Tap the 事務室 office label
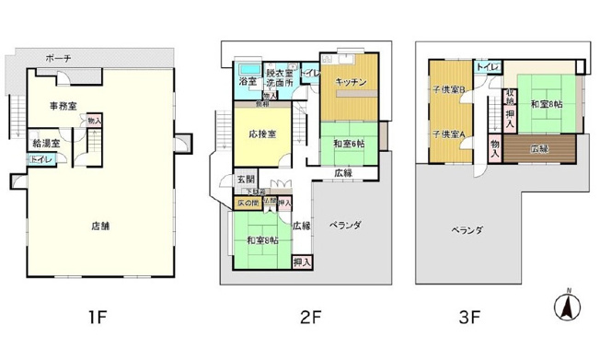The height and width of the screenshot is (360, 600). [63, 107]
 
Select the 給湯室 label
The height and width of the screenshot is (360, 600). [45, 143]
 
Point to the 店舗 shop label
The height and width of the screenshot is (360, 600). [102, 225]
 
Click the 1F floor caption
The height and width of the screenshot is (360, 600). [99, 319]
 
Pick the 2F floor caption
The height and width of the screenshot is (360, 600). [309, 319]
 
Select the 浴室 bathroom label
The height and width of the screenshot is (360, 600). [248, 82]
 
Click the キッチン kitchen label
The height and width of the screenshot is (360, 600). [352, 82]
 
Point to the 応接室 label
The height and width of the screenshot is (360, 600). [261, 133]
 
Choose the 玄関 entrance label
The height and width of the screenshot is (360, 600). [246, 179]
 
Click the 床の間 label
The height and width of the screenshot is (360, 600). [248, 202]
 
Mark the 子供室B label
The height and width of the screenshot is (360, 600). [448, 89]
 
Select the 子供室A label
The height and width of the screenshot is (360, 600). [448, 134]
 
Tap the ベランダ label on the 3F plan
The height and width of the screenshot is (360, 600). [466, 230]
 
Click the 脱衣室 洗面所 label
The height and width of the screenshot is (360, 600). [281, 76]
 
